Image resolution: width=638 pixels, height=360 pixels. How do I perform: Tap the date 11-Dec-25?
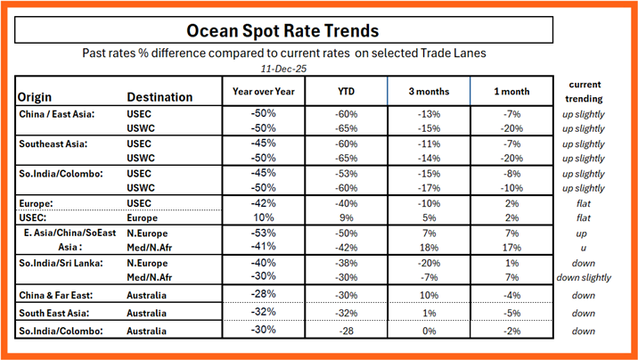pos(282,68)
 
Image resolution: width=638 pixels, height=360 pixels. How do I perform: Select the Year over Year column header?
pos(263,91)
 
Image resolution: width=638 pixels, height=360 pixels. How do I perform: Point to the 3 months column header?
pos(429,91)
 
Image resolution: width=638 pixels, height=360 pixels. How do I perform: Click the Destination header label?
pos(159,96)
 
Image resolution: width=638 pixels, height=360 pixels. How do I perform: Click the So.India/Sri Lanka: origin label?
pos(59,263)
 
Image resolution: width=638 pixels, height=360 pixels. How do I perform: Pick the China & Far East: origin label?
pos(57,294)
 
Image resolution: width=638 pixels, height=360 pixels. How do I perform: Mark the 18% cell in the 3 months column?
pos(429,247)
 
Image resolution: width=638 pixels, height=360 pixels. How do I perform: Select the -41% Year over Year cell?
pos(263,247)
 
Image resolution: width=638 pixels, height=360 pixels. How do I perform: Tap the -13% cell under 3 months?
pos(429,114)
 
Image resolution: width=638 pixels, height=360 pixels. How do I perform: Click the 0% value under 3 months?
pos(429,331)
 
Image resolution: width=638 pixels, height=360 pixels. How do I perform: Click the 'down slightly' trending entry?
pos(584,277)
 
